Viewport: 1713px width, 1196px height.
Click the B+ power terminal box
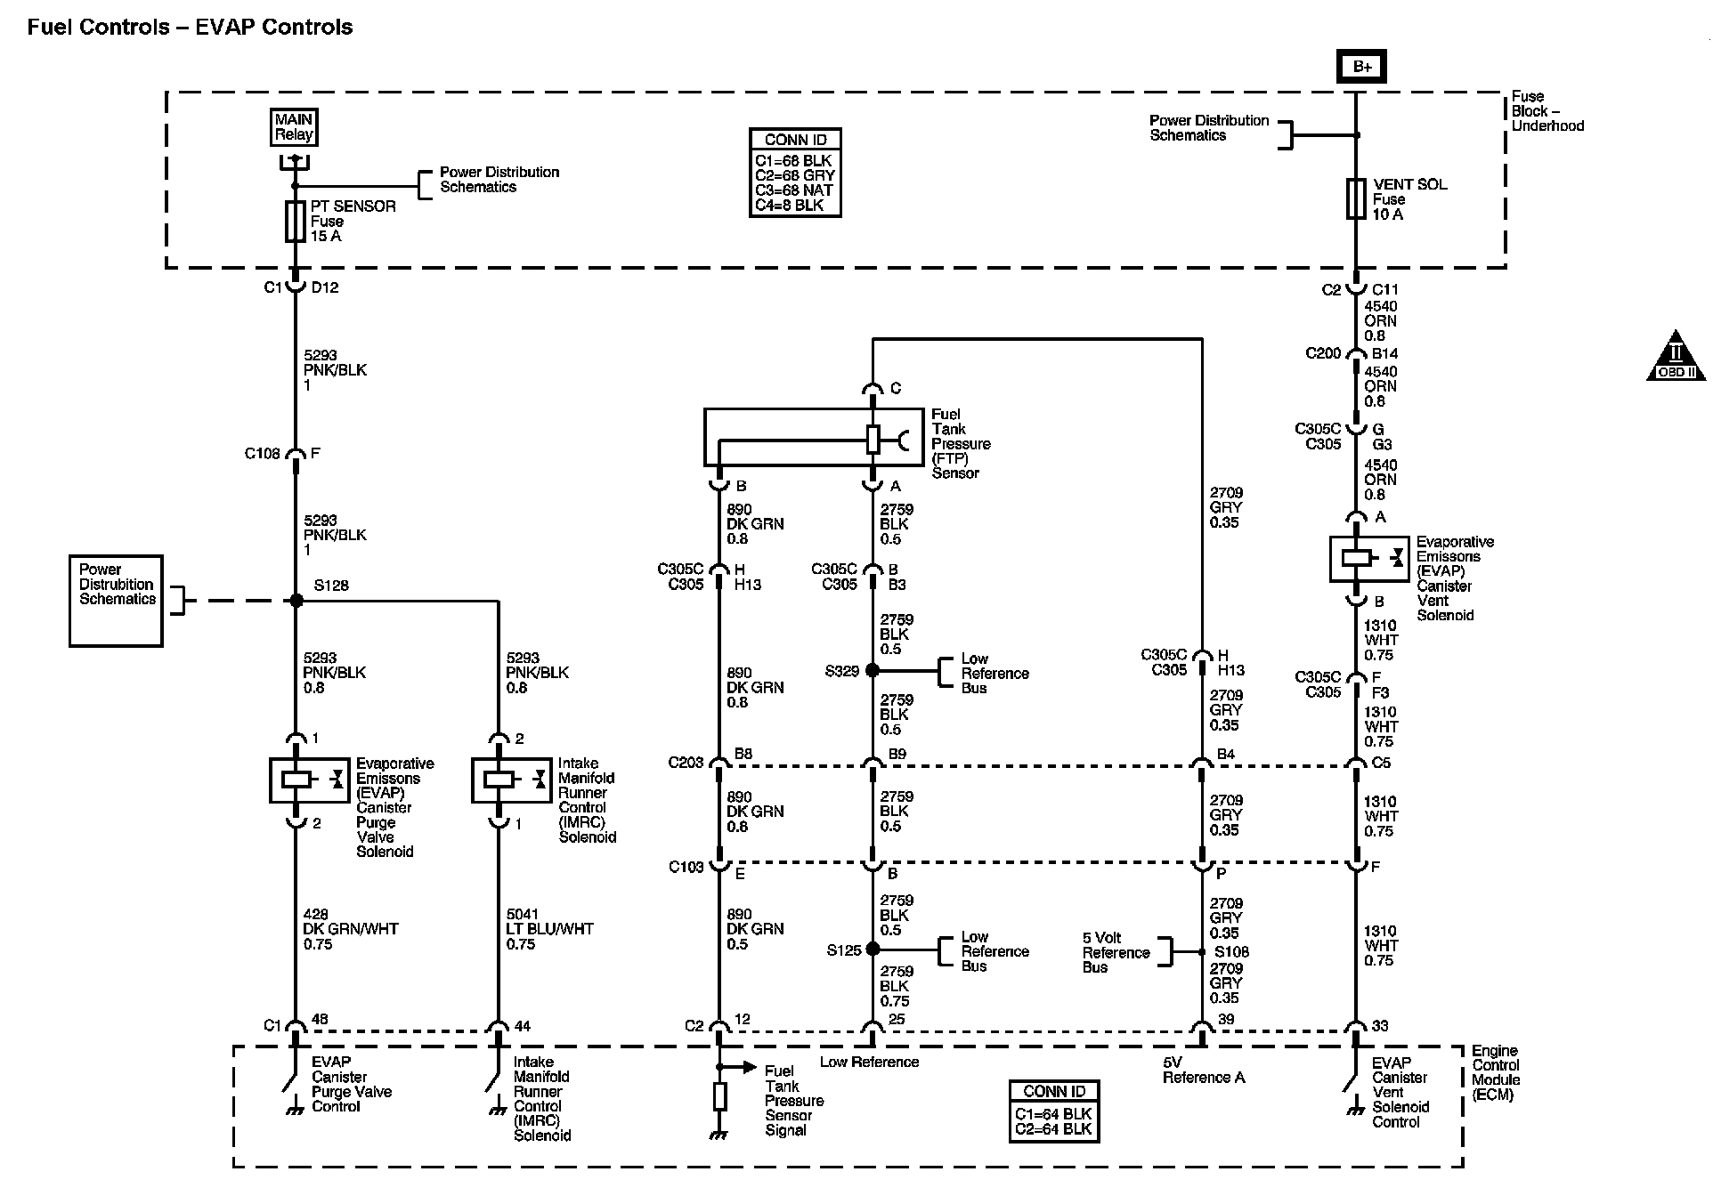1361,67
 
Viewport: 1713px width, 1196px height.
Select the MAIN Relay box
294,127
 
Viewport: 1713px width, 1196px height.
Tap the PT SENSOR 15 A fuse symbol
296,222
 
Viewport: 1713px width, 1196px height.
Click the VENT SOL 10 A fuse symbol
1356,198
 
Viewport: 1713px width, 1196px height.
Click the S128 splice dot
296,601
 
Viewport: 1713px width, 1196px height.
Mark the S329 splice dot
873,670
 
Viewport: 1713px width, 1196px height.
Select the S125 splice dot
873,950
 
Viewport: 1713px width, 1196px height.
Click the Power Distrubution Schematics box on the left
116,601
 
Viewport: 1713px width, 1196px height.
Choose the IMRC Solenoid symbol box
510,780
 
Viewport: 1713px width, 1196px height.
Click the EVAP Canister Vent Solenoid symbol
1368,559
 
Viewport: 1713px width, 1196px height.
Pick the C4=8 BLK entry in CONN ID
789,205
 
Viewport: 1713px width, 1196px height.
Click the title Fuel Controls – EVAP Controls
190,28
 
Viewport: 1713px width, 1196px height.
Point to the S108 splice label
1231,952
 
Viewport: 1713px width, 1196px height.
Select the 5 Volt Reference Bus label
1116,952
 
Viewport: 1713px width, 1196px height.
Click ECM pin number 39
1225,1020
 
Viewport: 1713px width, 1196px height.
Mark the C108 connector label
262,454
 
